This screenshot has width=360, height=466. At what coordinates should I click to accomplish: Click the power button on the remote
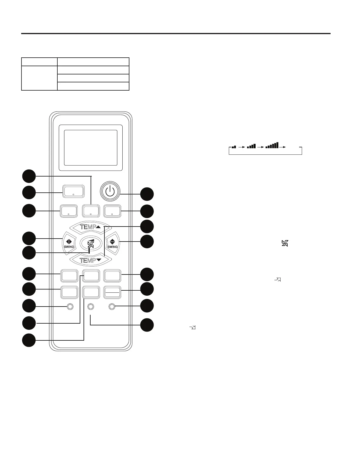point(109,192)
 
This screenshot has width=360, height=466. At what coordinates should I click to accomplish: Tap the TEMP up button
point(91,227)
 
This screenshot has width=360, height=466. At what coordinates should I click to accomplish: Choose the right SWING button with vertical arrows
point(112,243)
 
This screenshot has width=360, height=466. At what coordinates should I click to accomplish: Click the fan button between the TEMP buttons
point(91,243)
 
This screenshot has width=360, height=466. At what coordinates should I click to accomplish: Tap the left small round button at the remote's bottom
point(70,307)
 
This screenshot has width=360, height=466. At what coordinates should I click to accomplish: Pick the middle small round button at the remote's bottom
point(91,307)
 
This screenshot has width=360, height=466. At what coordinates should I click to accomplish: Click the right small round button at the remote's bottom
point(112,307)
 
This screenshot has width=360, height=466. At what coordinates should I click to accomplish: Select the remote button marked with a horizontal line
point(112,293)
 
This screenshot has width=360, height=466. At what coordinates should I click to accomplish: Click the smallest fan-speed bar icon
point(234,147)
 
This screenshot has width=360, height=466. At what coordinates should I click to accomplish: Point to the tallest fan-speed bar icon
point(272,145)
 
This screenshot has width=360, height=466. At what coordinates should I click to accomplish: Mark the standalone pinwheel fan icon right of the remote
point(285,243)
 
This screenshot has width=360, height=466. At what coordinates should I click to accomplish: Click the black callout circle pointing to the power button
point(147,194)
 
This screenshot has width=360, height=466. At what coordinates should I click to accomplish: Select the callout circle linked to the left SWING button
point(29,238)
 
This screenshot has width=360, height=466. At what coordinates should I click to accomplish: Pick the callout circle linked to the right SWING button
point(147,242)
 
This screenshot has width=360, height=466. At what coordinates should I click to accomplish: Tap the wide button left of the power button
point(73,192)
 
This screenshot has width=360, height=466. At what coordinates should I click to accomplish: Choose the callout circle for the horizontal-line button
point(147,289)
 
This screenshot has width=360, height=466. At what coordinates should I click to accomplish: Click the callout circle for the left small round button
point(29,306)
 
